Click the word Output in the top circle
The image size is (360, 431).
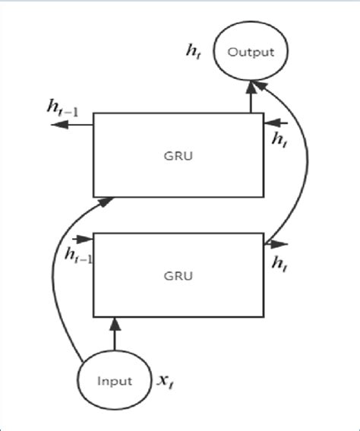[250, 52]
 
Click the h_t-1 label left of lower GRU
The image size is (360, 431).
[79, 256]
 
